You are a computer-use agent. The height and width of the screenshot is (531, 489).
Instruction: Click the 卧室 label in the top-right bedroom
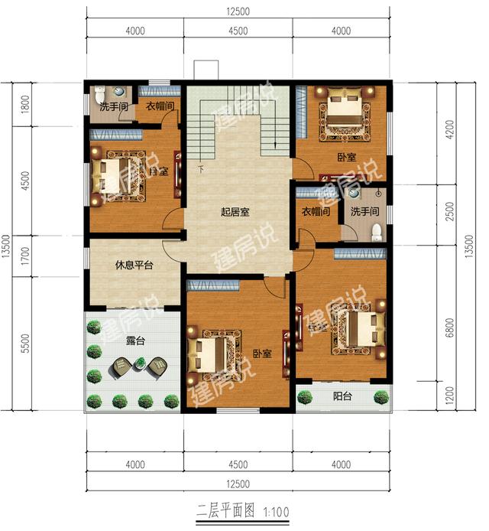345,157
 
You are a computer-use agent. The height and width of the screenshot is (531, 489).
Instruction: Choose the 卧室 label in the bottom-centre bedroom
262,354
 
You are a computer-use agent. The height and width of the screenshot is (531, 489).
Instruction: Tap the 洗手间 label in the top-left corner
112,106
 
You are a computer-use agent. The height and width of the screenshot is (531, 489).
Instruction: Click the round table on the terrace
138,367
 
